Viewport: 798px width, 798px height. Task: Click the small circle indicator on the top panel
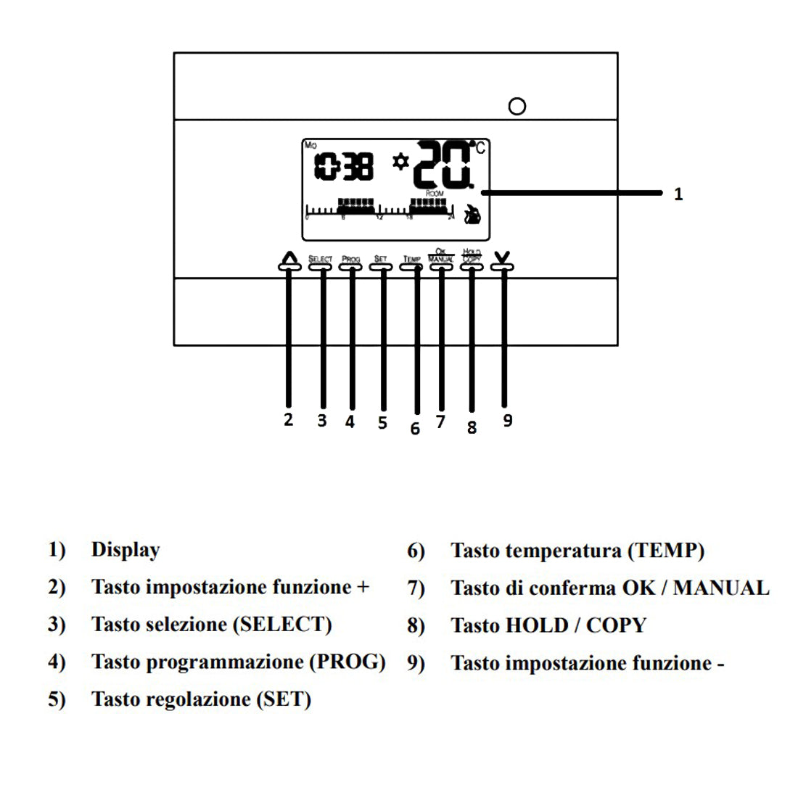click(517, 107)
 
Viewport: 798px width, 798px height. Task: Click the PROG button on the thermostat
click(350, 266)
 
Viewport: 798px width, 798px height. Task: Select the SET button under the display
click(381, 266)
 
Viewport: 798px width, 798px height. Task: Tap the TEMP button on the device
click(411, 266)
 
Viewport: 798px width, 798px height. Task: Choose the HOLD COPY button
click(472, 266)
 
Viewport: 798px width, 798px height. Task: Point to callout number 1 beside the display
click(678, 194)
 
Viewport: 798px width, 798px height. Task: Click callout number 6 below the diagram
click(415, 429)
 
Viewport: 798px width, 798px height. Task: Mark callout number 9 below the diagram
click(508, 421)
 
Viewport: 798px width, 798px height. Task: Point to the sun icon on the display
click(400, 161)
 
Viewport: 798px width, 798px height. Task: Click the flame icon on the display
click(473, 214)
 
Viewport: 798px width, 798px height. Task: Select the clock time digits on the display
click(345, 167)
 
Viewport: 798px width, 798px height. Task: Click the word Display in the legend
click(126, 550)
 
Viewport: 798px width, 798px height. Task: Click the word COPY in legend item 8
click(616, 625)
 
